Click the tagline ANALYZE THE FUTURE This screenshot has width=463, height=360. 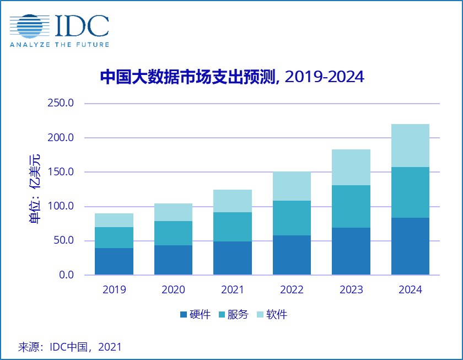click(59, 44)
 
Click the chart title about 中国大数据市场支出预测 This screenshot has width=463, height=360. click(232, 77)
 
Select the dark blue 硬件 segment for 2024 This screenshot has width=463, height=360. click(410, 246)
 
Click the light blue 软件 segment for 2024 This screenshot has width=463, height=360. click(410, 146)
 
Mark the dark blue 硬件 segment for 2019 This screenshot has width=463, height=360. click(114, 261)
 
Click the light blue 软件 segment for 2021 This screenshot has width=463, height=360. click(233, 201)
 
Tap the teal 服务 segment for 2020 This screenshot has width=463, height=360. click(173, 233)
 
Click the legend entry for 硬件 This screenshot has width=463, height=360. click(195, 315)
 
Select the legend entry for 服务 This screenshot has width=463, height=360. click(234, 315)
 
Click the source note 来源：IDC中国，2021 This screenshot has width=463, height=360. click(70, 347)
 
